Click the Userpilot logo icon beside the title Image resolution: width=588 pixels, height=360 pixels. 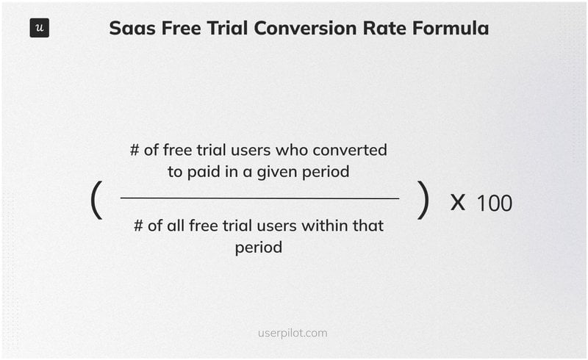coord(40,29)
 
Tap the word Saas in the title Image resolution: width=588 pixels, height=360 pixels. coord(129,29)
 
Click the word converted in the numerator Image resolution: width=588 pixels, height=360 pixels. coord(352,150)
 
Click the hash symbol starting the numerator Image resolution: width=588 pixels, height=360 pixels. coord(135,150)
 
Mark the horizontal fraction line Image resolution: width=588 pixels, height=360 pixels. coord(259,198)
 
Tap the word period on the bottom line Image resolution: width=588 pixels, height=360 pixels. coord(259,248)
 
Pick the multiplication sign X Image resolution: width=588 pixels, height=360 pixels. coord(458,202)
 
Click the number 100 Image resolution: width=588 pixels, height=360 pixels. coord(494,203)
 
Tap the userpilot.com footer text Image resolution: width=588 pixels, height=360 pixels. coord(293,333)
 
